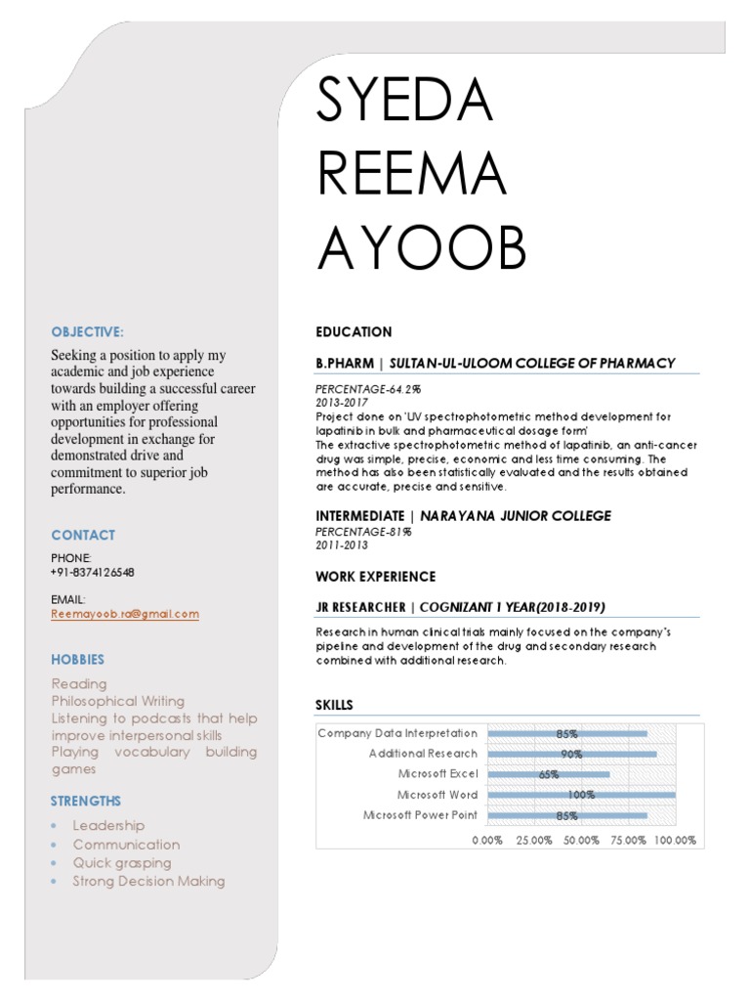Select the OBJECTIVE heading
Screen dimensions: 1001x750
88,331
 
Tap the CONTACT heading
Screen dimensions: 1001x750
83,535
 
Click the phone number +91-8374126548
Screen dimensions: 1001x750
93,572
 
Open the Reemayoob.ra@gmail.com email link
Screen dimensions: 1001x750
125,614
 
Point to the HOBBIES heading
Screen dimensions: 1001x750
78,660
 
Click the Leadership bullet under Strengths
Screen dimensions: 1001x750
108,826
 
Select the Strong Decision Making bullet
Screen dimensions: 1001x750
148,881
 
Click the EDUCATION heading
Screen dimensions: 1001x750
354,331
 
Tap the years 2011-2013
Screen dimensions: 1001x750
342,545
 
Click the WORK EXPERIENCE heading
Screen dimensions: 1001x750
376,577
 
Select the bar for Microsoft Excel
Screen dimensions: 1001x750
548,774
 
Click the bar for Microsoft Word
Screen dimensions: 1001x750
581,795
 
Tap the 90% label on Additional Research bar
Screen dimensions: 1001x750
571,754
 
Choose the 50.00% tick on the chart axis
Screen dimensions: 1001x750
581,841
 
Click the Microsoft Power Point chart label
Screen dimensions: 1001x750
420,815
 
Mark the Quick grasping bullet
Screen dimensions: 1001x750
122,863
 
